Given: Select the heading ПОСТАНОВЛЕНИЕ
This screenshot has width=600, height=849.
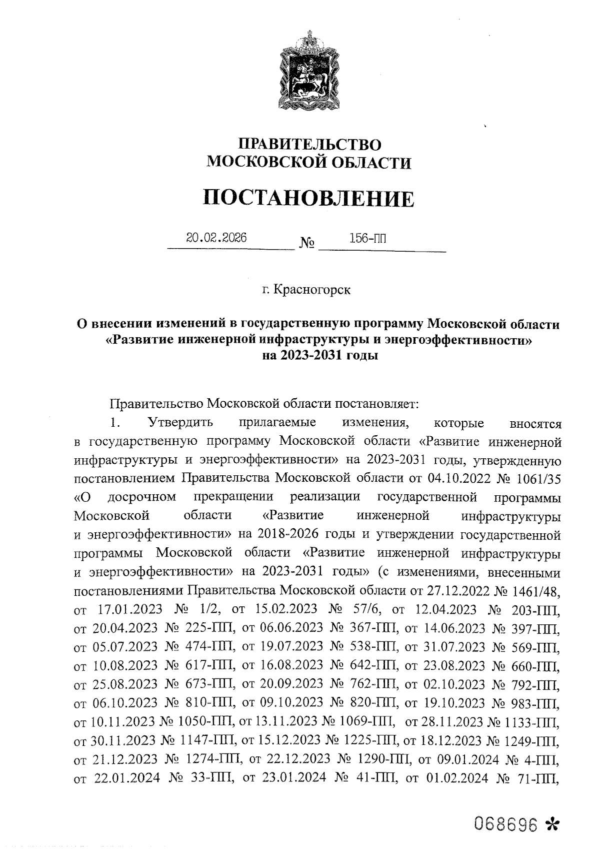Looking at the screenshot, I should [x=309, y=199].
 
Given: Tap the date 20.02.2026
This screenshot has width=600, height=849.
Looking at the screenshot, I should [x=216, y=238].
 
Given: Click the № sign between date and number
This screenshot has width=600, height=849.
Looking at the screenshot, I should [x=307, y=244].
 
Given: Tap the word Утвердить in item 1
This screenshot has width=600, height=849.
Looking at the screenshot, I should [x=180, y=423].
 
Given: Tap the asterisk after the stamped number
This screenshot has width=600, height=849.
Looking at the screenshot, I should [x=551, y=824].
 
